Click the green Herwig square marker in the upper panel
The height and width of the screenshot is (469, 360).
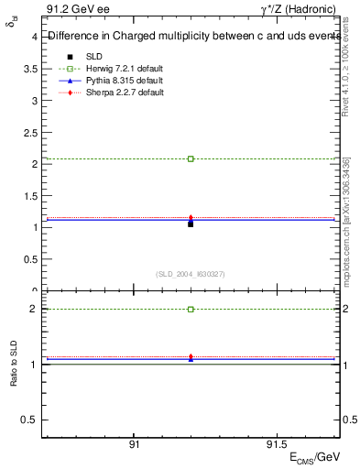point(191,158)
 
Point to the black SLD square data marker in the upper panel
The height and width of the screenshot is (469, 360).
point(191,224)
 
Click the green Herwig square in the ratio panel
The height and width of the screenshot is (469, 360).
point(191,310)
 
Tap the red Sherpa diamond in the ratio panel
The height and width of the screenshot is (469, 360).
point(191,356)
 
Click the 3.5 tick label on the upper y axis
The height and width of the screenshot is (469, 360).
point(31,69)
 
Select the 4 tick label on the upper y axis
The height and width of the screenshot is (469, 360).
point(34,38)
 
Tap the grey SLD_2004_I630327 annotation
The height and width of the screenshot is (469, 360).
point(191,274)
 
